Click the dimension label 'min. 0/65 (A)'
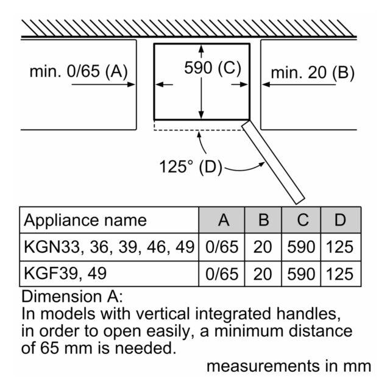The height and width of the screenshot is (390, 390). coord(79,72)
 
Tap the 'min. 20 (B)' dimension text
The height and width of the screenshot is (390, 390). coord(313,73)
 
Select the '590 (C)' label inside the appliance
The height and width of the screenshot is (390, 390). coord(213,68)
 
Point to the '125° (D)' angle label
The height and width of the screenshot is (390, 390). coord(191,167)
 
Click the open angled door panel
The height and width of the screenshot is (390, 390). coord(273,163)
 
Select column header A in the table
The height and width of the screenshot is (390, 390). coord(222,220)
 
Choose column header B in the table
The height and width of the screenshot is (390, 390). coord(263,220)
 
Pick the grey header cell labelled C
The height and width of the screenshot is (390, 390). coord(301,220)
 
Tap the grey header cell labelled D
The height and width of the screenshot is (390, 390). coord(341,220)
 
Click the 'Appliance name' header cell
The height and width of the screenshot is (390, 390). coord(109,220)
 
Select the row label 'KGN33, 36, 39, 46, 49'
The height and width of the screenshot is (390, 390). coord(109,247)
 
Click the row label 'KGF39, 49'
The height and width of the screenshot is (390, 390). coord(65,274)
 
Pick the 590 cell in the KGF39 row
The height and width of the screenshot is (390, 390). coord(301,274)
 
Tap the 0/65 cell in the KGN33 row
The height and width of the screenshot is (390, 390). coord(222,247)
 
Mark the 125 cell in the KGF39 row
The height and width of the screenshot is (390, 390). coord(340,274)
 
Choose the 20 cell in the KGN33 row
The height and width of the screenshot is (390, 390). coord(263,247)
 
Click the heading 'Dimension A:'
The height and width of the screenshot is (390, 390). coord(72,297)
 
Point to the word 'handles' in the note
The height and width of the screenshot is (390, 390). coord(309,314)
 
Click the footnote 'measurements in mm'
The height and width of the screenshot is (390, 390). coord(289,366)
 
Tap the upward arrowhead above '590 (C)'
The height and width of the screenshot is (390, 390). coord(201,48)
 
